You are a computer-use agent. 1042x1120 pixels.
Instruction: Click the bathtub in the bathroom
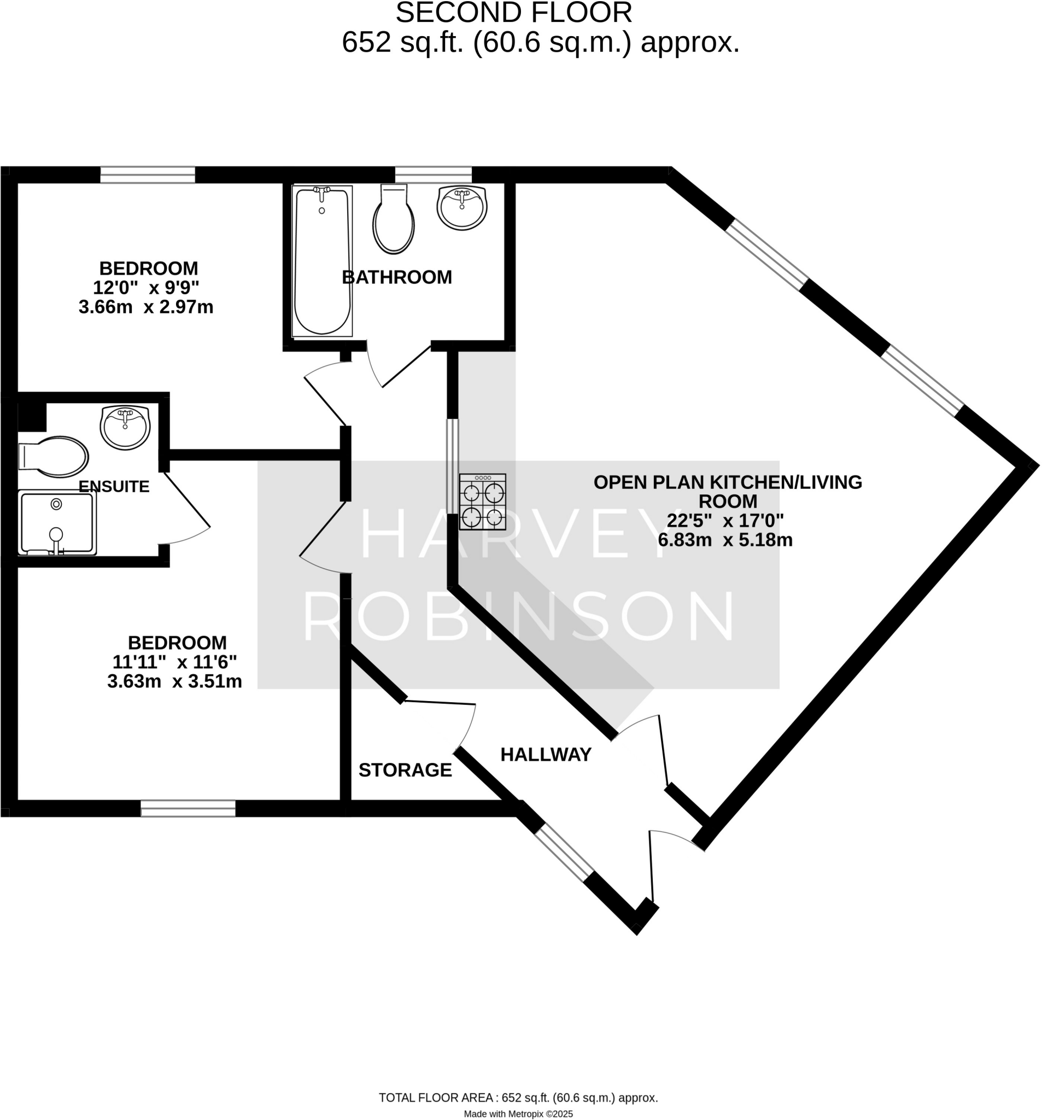322,261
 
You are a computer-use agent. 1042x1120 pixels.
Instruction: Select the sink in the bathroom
462,207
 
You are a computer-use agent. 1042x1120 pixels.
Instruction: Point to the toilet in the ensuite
54,456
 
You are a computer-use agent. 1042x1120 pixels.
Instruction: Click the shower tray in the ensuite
57,522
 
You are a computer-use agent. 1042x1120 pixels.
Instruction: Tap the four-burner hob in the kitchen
482,501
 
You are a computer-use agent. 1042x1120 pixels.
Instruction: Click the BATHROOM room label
396,277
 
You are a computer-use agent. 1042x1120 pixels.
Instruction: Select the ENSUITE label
114,486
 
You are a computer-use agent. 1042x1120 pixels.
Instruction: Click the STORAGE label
405,769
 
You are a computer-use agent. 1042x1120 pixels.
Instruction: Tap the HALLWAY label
546,754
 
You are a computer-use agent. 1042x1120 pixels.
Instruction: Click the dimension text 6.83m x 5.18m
725,540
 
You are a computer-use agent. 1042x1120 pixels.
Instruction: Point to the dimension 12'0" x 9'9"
146,288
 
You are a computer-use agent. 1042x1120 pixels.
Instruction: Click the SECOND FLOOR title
513,13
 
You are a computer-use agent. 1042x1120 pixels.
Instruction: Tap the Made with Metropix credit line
518,1114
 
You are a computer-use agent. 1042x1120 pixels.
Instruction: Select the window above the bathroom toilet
433,174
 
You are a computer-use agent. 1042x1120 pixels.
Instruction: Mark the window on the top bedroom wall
148,174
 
